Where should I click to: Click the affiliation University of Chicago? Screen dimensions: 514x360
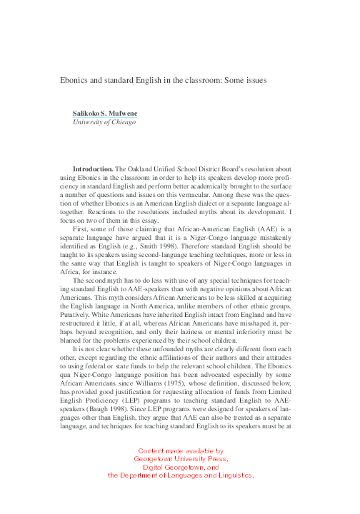click(x=104, y=122)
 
